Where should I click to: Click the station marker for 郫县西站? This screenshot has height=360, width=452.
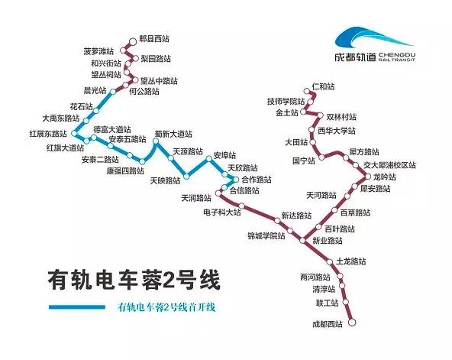coord(133,41)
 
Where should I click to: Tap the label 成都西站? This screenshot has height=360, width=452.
coord(328,324)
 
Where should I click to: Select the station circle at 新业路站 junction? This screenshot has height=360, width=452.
coord(302,240)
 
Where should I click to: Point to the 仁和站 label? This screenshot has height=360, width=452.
coord(324,86)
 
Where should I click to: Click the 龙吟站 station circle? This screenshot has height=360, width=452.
coord(368,177)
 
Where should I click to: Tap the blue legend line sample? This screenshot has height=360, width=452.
coord(77,307)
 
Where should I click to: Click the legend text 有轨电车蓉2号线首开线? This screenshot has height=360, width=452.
coord(166,307)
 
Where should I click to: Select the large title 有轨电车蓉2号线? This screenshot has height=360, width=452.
coord(134,280)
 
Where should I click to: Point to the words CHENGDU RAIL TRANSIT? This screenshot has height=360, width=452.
coord(397,57)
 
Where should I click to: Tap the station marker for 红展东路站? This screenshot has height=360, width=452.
coord(74,134)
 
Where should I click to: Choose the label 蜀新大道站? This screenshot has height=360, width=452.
coord(173,134)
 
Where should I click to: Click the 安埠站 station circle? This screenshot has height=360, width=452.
coord(208,159)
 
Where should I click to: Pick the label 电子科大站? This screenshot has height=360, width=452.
coord(221,212)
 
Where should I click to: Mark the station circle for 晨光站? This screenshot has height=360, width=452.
coord(113,92)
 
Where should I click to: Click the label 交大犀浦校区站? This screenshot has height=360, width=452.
coord(389,165)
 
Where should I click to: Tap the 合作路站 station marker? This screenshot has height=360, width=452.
coord(236,180)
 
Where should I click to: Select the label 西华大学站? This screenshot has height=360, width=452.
coord(337,131)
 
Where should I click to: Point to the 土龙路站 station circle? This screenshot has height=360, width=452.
coord(330,262)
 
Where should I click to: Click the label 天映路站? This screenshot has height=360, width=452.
coord(165,180)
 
